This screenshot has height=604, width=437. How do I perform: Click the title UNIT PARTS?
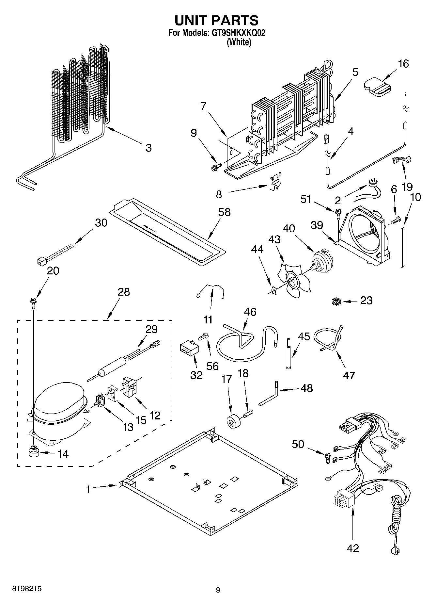pos(216,20)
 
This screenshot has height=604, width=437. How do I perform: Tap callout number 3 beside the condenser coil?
pos(148,148)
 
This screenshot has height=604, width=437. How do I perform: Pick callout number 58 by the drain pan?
pos(224,212)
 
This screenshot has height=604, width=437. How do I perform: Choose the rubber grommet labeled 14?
pos(34,451)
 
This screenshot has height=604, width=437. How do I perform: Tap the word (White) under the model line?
pos(239,42)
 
